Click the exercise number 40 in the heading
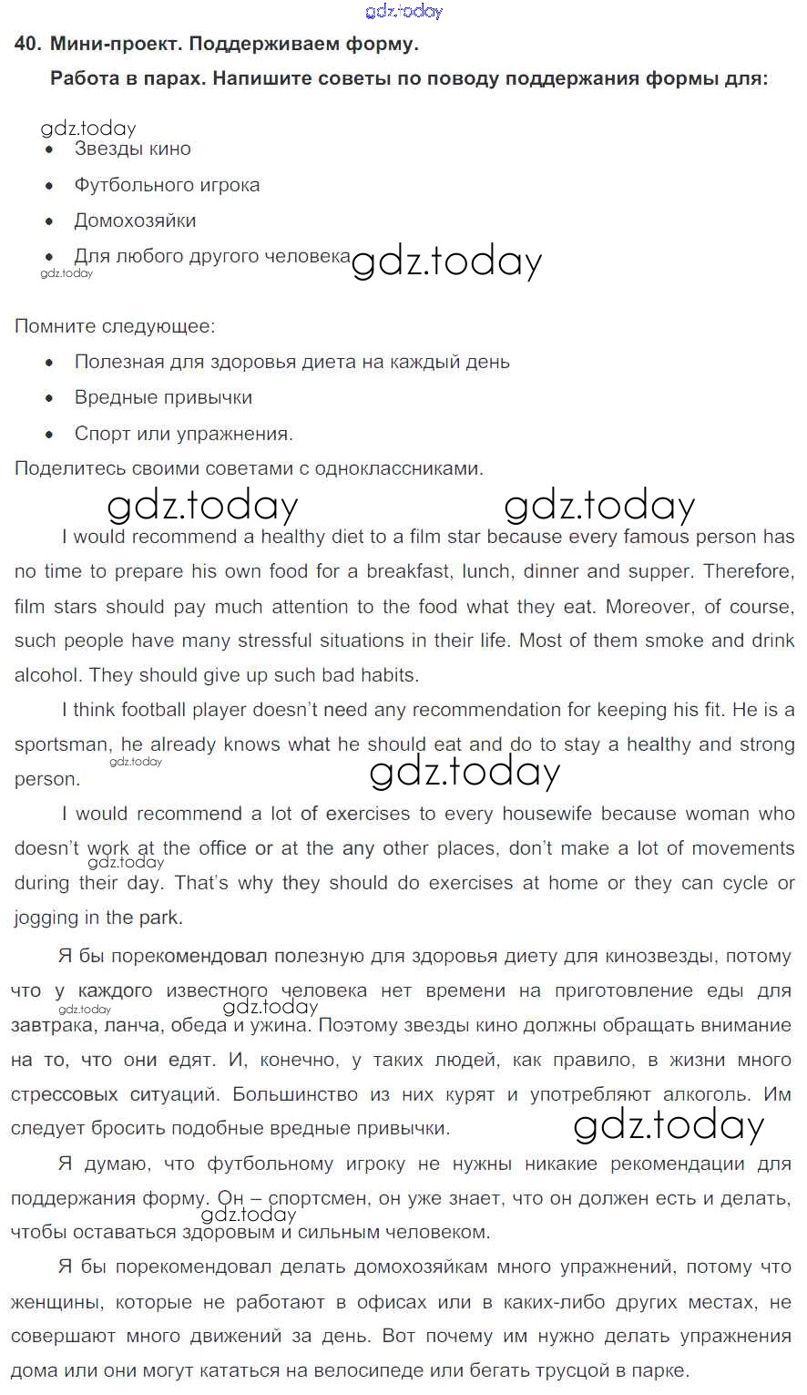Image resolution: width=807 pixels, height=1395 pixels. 26,43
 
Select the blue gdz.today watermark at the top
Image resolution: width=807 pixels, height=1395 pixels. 403,11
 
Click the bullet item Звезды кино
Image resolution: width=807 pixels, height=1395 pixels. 132,149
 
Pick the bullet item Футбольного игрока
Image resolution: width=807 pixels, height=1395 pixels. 167,185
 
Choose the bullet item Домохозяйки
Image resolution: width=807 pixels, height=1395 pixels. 135,221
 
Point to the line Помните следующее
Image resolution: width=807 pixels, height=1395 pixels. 115,325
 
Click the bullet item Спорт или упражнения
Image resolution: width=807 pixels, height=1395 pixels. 183,434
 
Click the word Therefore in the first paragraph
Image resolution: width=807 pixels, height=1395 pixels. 748,571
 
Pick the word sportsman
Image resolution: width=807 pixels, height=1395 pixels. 61,744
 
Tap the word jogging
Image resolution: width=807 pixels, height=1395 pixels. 46,918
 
